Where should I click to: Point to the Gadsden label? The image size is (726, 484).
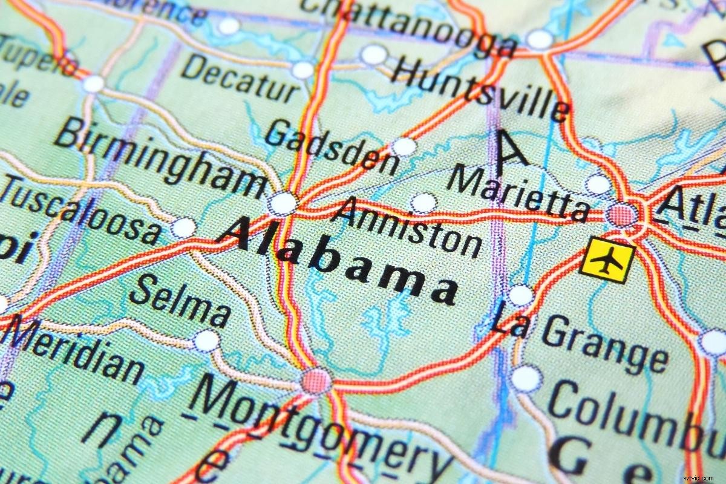(332, 146)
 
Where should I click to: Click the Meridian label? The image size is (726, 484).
(76, 351)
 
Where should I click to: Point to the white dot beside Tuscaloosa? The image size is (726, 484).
(184, 227)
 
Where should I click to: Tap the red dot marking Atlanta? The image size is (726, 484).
(622, 214)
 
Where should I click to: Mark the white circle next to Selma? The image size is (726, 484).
(206, 341)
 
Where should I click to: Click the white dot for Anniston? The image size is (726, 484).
(424, 203)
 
